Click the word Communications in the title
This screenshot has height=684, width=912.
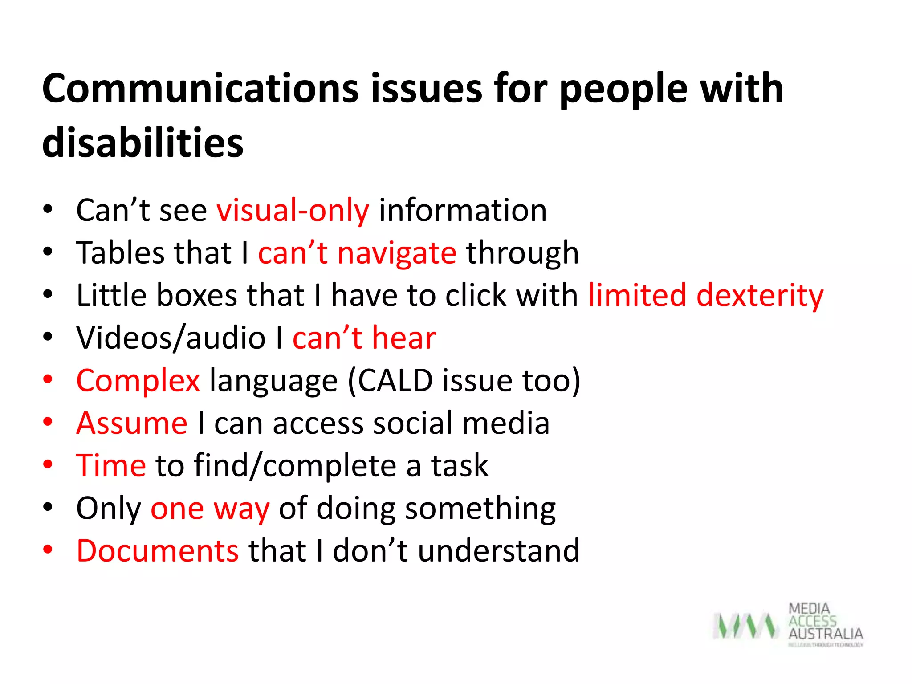click(x=200, y=89)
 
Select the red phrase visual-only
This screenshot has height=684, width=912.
click(x=293, y=210)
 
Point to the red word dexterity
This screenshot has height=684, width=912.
click(x=760, y=296)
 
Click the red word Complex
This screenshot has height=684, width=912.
click(x=138, y=381)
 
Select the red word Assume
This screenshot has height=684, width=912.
click(x=132, y=423)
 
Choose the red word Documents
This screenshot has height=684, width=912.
click(x=158, y=551)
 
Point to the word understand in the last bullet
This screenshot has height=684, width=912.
click(x=499, y=551)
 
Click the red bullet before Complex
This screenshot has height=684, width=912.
click(x=48, y=380)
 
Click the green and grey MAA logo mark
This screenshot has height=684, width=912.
click(x=745, y=626)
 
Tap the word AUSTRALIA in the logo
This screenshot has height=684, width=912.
click(x=826, y=634)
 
